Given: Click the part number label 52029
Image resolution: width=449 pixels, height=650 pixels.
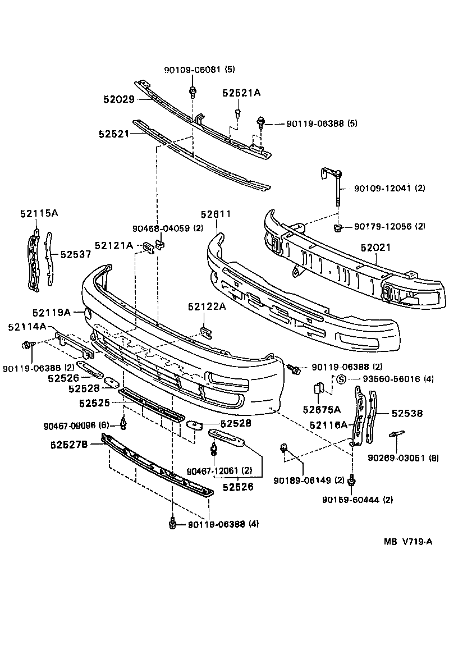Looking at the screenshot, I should pyautogui.click(x=118, y=99).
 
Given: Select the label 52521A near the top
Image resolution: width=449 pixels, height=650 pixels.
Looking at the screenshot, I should pyautogui.click(x=241, y=93).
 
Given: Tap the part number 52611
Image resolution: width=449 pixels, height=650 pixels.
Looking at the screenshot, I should pyautogui.click(x=216, y=214).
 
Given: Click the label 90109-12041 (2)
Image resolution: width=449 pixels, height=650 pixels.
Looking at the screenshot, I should pyautogui.click(x=390, y=189).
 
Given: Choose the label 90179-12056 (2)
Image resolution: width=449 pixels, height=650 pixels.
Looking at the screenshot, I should pyautogui.click(x=390, y=227).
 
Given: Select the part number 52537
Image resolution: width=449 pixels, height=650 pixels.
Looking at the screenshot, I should pyautogui.click(x=75, y=254).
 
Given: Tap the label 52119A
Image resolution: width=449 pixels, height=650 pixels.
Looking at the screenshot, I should pyautogui.click(x=51, y=312).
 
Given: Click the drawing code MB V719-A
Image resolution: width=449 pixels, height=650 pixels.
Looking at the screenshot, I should pyautogui.click(x=408, y=541).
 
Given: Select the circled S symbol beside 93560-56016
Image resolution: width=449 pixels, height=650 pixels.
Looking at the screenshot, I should pyautogui.click(x=340, y=379).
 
